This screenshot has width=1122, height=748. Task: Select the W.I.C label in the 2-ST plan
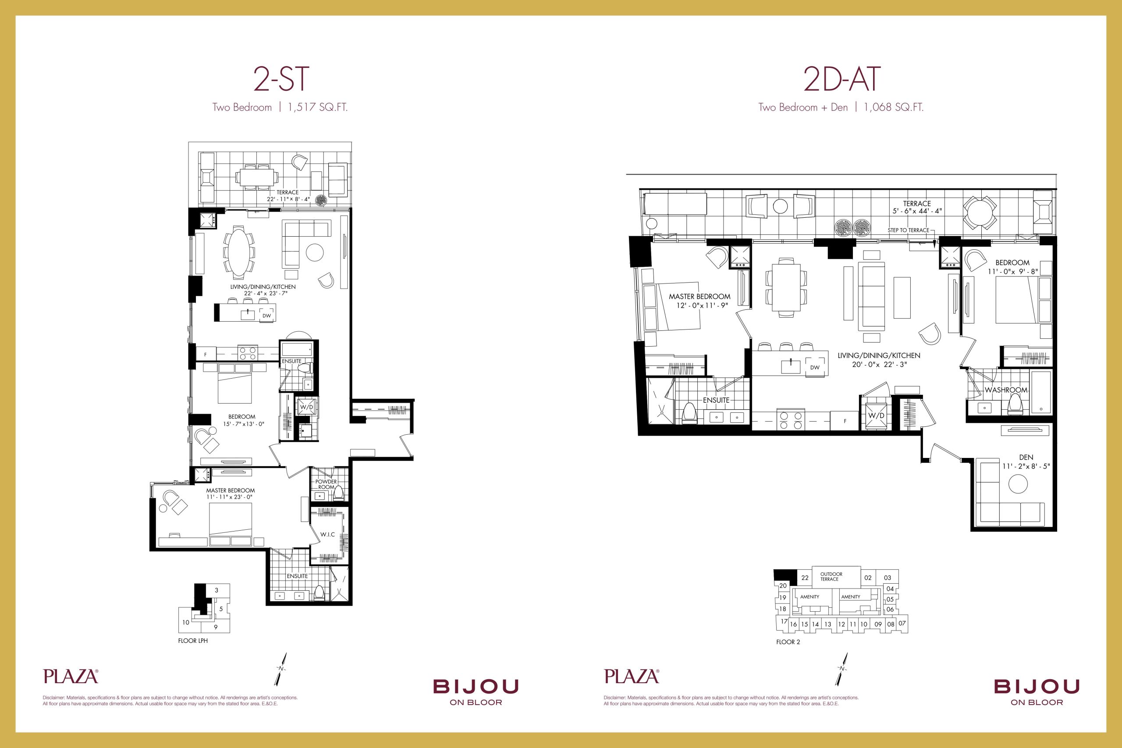point(327,534)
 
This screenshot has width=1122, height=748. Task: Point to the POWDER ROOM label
point(326,484)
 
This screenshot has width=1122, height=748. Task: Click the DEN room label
point(1026,457)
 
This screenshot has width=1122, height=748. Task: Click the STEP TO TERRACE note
point(908,230)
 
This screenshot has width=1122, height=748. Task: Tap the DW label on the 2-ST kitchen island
point(266,316)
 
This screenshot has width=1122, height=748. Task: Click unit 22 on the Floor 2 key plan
point(805,578)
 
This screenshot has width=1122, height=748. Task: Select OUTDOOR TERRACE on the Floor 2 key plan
point(831,576)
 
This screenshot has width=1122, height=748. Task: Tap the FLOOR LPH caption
point(193,641)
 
